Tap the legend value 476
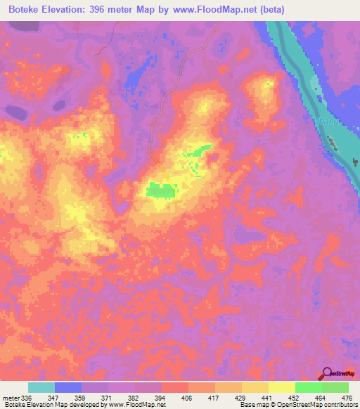pyautogui.click(x=347, y=397)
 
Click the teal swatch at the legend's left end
pyautogui.click(x=41, y=387)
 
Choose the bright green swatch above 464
pyautogui.click(x=308, y=387)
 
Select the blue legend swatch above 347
pyautogui.click(x=68, y=387)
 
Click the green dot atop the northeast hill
pyautogui.click(x=268, y=84)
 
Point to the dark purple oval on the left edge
pyautogui.click(x=13, y=110)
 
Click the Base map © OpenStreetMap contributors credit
pyautogui.click(x=297, y=405)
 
